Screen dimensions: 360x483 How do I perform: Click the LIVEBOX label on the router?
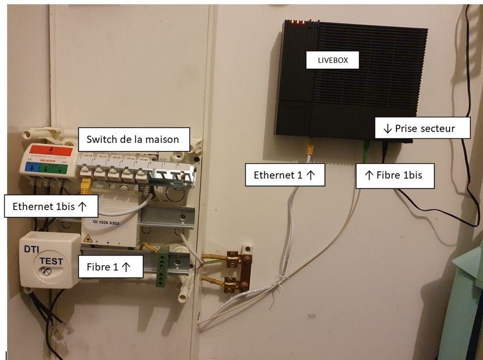pyautogui.click(x=333, y=60)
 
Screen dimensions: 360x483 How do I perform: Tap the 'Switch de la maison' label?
pyautogui.click(x=132, y=139)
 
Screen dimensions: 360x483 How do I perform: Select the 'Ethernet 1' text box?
pyautogui.click(x=285, y=175)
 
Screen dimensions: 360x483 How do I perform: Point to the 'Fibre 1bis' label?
pyautogui.click(x=395, y=175)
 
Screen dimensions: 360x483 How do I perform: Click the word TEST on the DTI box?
pyautogui.click(x=51, y=261)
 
